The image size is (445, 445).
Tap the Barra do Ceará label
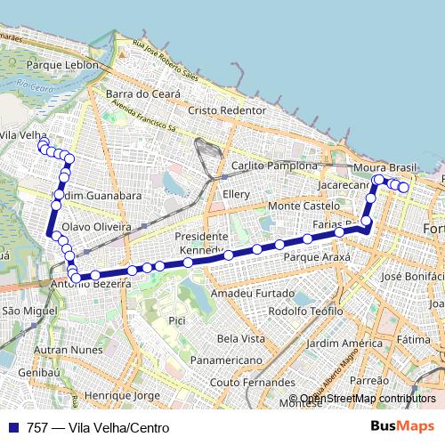tap(142, 93)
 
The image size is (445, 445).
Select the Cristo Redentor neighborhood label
tap(227, 109)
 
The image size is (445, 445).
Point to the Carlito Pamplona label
tap(273, 166)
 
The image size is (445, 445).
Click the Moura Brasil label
tap(385, 168)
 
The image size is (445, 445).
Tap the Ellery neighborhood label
tap(238, 194)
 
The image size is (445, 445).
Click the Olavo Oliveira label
tap(96, 227)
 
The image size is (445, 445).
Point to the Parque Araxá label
tap(317, 256)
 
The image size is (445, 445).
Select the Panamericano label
tap(226, 360)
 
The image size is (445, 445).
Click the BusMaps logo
tap(402, 427)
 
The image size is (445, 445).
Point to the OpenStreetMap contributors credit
tap(368, 399)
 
